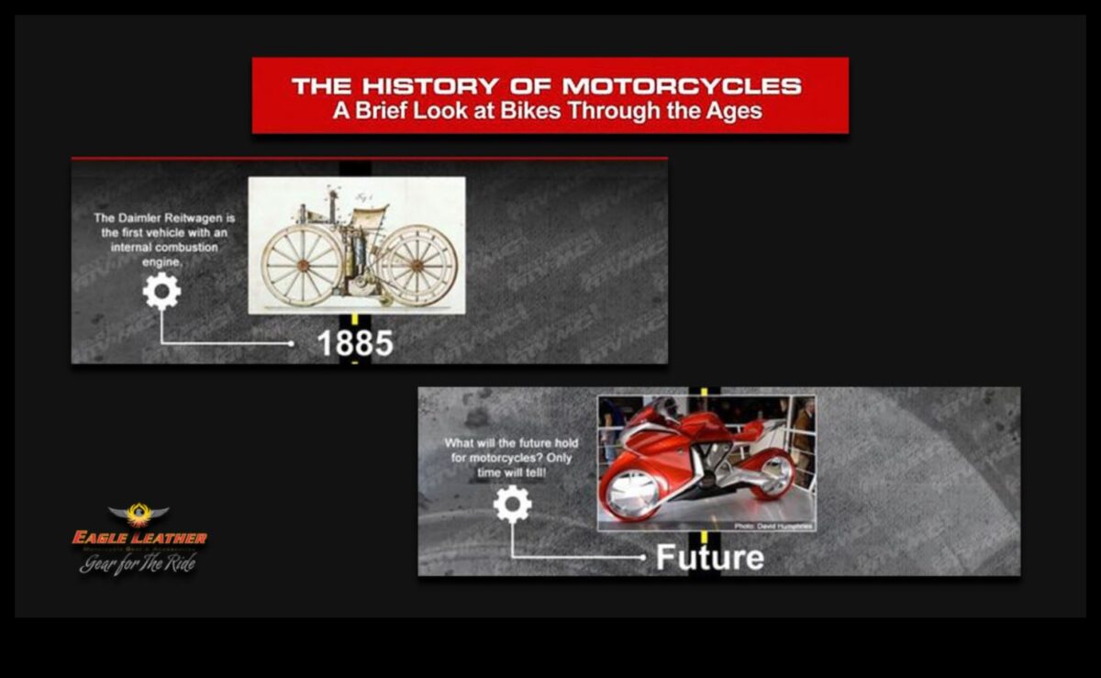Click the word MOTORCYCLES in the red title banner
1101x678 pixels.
pos(682,87)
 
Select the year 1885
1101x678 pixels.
pos(355,343)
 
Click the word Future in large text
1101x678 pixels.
pos(709,557)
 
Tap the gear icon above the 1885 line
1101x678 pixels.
pos(161,292)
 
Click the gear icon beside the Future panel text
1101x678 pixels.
pos(512,505)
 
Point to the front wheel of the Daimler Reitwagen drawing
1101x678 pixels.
pos(418,265)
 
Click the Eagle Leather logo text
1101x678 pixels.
pos(139,538)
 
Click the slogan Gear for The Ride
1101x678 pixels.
pos(138,563)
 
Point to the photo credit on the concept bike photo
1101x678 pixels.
pos(773,525)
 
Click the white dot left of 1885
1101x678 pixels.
pos(292,344)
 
